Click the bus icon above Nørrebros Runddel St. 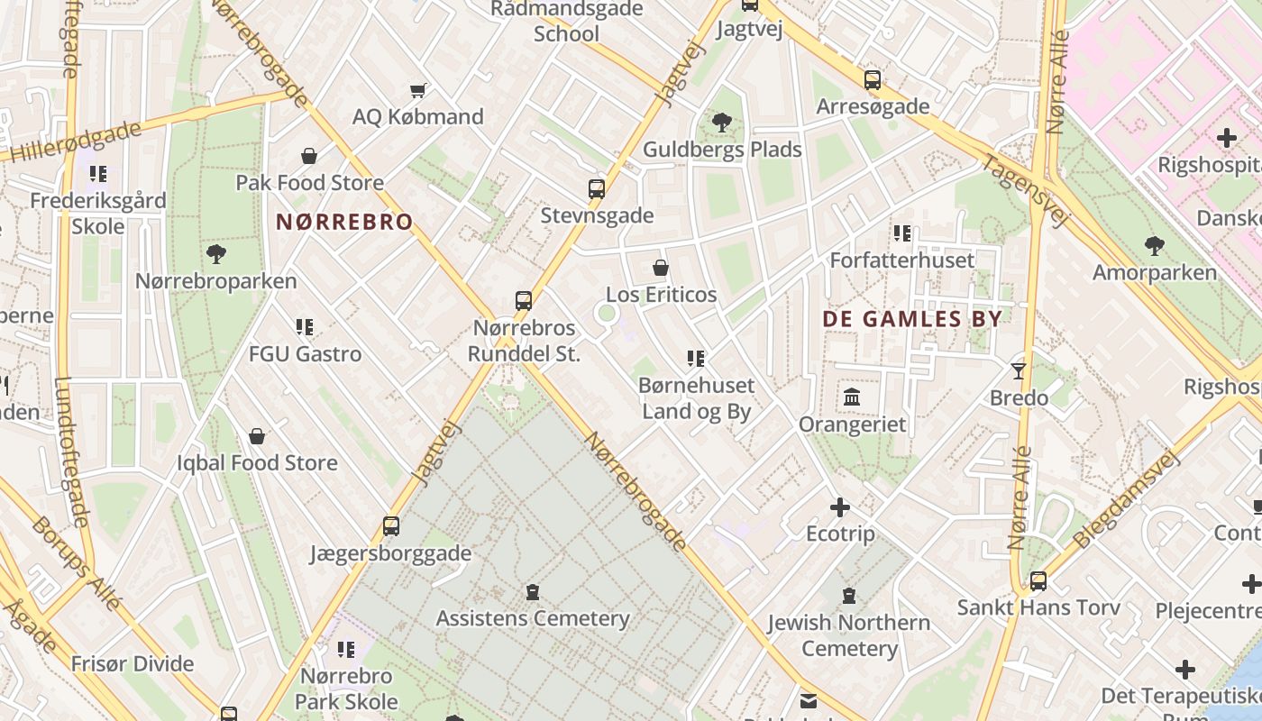tap(524, 301)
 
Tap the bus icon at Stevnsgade tap(597, 189)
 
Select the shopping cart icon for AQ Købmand tap(417, 90)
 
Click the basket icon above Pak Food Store tap(309, 156)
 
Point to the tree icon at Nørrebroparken tap(215, 254)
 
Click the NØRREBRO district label tap(344, 222)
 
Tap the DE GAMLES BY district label tap(912, 319)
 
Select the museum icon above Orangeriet tap(852, 397)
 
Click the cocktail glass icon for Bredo tap(1019, 370)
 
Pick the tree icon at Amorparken tap(1154, 245)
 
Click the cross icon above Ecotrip tap(840, 507)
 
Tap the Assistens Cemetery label tap(533, 618)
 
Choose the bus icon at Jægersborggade tap(391, 526)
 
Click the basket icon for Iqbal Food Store tap(257, 436)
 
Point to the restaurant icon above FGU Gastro tap(305, 327)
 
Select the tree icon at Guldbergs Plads tap(721, 123)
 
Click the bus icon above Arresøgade tap(872, 80)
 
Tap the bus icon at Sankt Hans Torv tap(1038, 581)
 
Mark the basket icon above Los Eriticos tap(661, 268)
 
